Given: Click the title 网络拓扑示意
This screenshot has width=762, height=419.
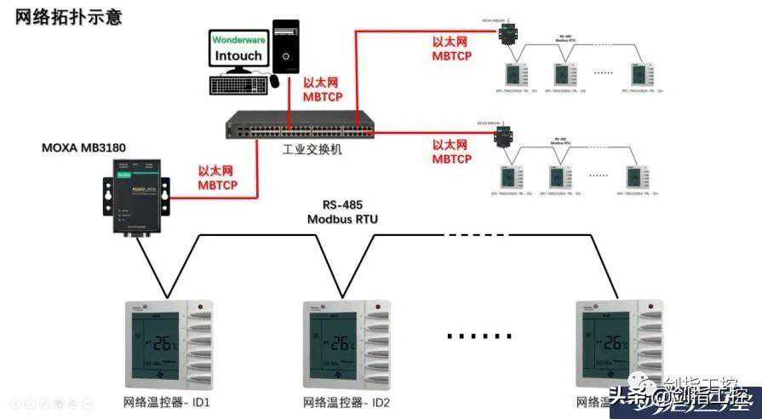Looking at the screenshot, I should (x=68, y=18).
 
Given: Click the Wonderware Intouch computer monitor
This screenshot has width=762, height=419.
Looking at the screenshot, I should (x=238, y=50).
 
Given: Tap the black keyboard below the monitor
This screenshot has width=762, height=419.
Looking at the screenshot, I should (x=238, y=85).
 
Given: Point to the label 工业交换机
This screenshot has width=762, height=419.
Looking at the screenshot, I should (x=312, y=149).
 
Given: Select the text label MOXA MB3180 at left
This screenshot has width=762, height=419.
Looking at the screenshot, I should (x=84, y=147).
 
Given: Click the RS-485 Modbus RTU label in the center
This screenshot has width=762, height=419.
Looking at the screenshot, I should (x=342, y=212).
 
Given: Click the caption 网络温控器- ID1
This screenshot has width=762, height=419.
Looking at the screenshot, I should (x=167, y=402).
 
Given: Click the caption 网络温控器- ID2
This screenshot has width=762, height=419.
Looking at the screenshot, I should (x=347, y=402).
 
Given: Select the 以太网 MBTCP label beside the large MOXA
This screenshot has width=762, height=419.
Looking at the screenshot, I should (x=218, y=177).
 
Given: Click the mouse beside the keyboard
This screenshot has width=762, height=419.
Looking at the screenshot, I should (x=275, y=82).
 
